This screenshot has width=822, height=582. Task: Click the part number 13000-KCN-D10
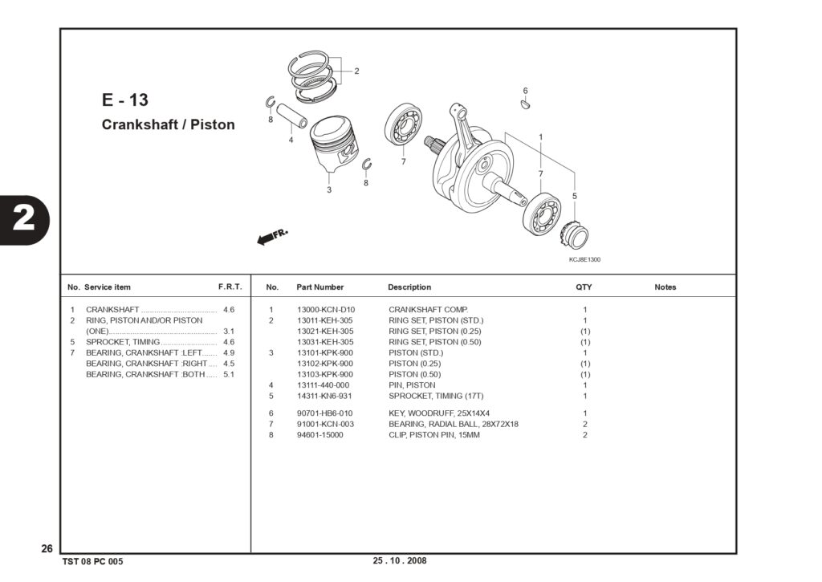326,310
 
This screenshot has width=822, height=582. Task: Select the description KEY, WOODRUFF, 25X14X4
439,413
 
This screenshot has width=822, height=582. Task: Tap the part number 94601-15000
319,434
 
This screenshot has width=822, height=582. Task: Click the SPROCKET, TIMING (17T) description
436,396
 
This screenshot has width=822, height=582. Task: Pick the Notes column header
665,287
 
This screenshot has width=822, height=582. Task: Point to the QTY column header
584,287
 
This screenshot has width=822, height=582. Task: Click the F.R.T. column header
230,287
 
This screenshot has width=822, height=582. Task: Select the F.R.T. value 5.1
229,374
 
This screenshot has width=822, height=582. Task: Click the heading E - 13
124,100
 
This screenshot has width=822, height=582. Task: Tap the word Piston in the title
212,124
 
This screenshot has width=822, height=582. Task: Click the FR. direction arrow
271,237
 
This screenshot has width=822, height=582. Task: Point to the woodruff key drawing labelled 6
526,104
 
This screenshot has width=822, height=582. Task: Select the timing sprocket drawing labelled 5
574,235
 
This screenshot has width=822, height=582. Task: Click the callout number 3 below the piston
329,189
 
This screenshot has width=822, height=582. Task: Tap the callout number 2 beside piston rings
356,71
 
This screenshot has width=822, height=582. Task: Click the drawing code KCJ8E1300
584,259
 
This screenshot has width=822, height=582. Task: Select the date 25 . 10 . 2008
400,560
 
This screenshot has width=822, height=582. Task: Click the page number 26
47,548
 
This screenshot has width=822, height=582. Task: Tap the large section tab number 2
23,218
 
